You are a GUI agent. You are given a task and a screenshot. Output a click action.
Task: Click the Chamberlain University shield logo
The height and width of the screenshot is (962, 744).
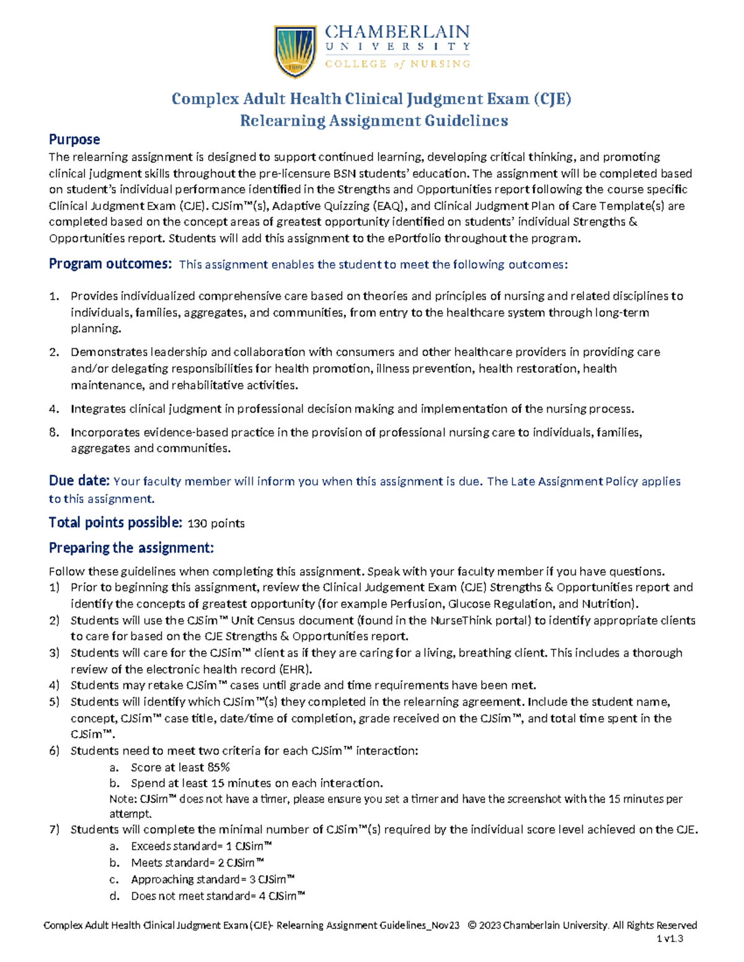click(x=296, y=51)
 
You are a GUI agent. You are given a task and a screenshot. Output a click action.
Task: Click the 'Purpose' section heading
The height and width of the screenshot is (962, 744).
click(x=74, y=139)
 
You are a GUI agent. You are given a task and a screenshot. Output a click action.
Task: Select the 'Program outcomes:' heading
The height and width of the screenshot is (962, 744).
click(x=110, y=264)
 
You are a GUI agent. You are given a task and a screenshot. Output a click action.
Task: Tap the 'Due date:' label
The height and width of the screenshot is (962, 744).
click(x=79, y=481)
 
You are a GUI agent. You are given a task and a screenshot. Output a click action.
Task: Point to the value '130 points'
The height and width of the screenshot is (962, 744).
click(x=216, y=523)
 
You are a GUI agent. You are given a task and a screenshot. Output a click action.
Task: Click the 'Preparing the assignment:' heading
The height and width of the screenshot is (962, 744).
click(x=131, y=548)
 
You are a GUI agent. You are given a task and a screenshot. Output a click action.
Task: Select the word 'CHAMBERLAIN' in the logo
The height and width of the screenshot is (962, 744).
click(x=397, y=32)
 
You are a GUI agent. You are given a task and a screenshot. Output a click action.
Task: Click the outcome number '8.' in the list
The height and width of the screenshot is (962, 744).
click(x=55, y=432)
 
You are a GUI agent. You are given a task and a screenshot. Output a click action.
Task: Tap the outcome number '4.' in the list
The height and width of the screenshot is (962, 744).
click(x=55, y=409)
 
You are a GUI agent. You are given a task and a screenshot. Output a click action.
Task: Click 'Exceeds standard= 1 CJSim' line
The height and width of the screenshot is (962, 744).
click(x=201, y=846)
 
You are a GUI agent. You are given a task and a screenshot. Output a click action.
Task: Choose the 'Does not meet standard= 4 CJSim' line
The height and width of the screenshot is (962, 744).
click(x=218, y=896)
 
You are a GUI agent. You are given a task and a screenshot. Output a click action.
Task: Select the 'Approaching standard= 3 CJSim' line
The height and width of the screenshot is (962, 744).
click(x=213, y=879)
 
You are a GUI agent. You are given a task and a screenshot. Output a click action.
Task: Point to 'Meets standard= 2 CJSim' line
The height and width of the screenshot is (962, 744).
click(x=197, y=863)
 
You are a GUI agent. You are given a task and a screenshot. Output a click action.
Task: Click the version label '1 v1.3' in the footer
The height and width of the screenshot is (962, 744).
click(x=670, y=938)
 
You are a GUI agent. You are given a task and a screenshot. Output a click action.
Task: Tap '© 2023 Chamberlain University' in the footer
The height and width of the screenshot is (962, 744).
click(x=538, y=925)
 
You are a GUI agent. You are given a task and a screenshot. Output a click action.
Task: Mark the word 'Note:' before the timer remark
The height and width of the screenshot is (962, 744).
click(x=123, y=799)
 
